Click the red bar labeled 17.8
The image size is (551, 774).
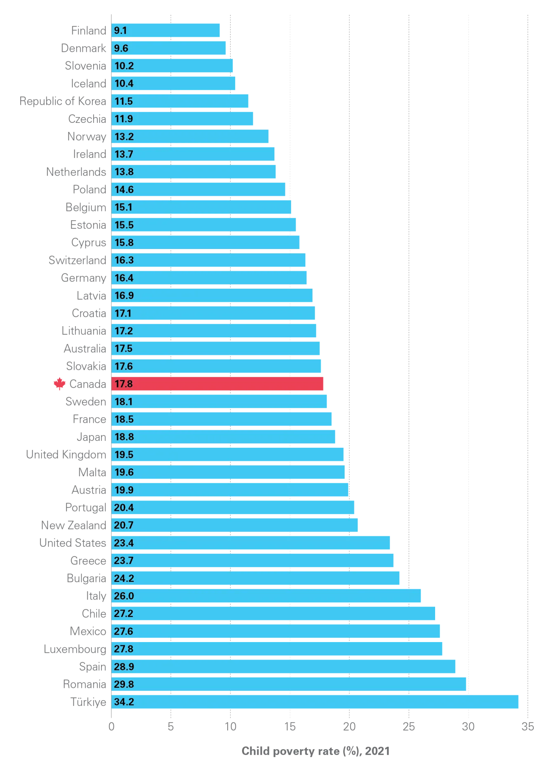pos(218,384)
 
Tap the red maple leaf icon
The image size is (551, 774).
pos(60,384)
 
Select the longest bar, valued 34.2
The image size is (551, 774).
pos(316,702)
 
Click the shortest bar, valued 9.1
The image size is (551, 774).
pos(166,31)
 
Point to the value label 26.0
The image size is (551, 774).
pos(124,596)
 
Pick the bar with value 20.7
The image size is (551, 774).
pos(235,525)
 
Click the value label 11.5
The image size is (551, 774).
pos(124,101)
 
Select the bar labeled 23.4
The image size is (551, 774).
pos(251,543)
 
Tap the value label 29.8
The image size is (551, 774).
pos(124,684)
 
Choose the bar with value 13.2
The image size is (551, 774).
pos(191,136)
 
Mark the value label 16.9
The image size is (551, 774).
pos(124,296)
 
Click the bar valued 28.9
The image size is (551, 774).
pos(284,666)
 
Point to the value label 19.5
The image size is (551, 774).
pos(124,454)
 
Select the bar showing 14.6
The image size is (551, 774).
pos(199,190)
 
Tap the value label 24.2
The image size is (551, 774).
pos(124,578)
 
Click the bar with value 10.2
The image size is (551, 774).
pos(172,66)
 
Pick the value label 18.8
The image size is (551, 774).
pos(124,437)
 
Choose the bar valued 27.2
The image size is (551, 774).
pos(273,614)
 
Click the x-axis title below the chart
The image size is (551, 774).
pos(315,750)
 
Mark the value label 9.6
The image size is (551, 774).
pos(121,48)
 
